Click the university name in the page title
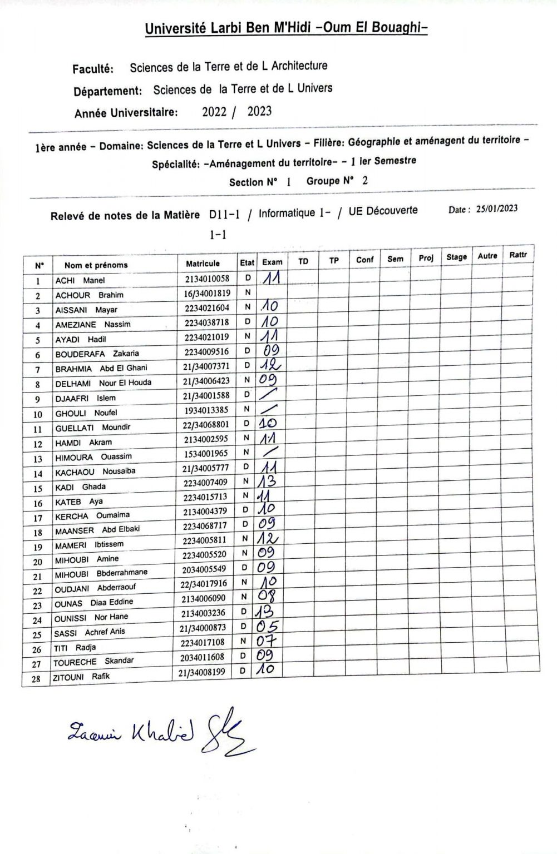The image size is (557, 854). point(286,28)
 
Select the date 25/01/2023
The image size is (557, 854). point(497,208)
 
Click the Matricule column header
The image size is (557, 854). point(203,264)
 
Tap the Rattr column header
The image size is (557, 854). point(518,255)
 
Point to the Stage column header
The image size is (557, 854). point(456,257)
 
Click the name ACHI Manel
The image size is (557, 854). point(80,281)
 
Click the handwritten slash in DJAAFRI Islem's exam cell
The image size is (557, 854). point(269,394)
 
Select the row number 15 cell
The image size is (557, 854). point(38,489)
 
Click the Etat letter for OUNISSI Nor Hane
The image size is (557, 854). point(244,612)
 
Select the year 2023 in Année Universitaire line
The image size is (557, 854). point(259,111)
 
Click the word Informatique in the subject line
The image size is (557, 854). point(287,213)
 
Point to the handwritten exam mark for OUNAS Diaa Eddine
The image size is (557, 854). point(268,597)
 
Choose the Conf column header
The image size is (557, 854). point(364,259)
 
